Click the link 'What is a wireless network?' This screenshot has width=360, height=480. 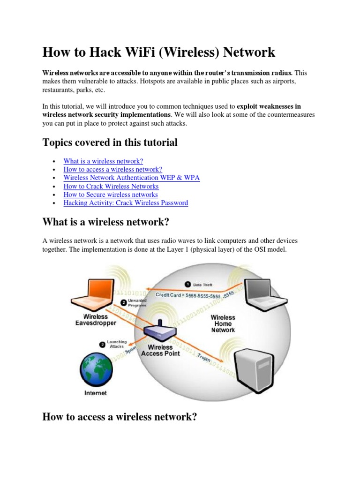(103, 161)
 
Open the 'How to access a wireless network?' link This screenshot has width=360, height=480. (112, 169)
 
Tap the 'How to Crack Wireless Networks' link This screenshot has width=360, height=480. (111, 186)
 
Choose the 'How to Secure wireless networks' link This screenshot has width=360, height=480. (111, 195)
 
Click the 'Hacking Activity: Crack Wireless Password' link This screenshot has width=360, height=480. (126, 203)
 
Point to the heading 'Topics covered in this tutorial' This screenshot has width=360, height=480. (110, 142)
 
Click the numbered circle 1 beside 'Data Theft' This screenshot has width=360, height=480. (187, 284)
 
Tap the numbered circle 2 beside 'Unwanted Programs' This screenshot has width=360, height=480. (124, 302)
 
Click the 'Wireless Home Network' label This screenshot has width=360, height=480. (223, 323)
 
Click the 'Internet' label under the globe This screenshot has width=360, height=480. (95, 393)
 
